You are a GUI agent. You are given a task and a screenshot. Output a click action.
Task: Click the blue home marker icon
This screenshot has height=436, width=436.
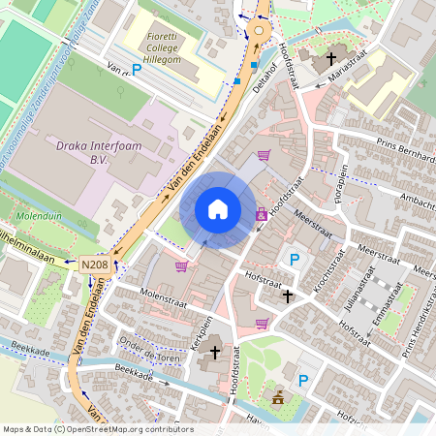pyautogui.click(x=218, y=209)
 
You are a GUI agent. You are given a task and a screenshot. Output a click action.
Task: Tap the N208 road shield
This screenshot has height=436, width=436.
pyautogui.click(x=94, y=264)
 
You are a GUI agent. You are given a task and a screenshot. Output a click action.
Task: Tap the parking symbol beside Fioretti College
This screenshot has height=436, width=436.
pyautogui.click(x=137, y=70)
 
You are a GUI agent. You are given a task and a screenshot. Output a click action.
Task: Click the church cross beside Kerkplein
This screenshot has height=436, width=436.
pyautogui.click(x=214, y=353)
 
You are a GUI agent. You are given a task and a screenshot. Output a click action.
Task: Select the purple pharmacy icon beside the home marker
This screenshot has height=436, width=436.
pyautogui.click(x=262, y=214)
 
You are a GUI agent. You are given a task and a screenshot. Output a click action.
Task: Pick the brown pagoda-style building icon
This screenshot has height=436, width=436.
pyautogui.click(x=279, y=397)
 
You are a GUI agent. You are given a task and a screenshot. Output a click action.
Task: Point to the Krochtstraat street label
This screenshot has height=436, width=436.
pyautogui.click(x=328, y=270)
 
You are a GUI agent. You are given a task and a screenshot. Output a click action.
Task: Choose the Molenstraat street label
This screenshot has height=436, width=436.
pyautogui.click(x=161, y=294)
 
